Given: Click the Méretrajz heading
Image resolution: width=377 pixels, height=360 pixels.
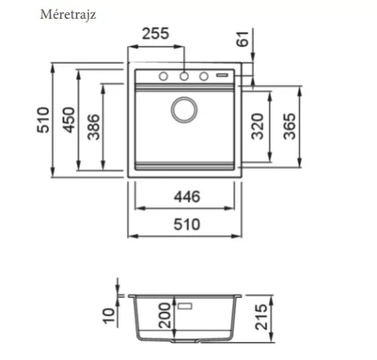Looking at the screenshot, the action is point(68,14).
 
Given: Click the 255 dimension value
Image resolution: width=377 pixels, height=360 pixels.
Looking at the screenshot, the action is point(155,34).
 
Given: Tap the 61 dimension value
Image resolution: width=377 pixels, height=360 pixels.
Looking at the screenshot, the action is point(243,39).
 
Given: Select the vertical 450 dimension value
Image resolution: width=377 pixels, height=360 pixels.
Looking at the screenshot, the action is point(69,120).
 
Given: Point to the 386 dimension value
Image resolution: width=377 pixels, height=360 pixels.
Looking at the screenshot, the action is point(93,127).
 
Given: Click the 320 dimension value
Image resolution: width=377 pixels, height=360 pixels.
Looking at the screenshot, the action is point(258,126).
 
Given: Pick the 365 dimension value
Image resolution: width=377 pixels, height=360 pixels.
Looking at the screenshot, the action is point(290,126).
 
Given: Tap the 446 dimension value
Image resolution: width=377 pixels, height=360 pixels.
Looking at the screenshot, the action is point(187,197).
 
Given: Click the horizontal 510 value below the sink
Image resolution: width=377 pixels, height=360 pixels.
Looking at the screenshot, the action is point(187,224).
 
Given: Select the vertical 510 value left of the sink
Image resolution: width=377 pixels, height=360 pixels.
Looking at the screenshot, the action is point(43,120).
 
